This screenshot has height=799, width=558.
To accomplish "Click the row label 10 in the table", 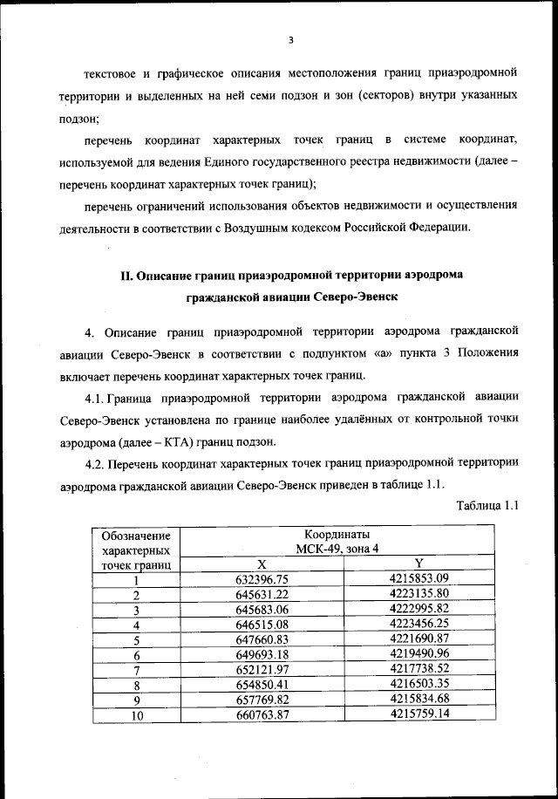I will tap(137, 716).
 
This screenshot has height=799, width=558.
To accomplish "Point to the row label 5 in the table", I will tap(137, 640).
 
